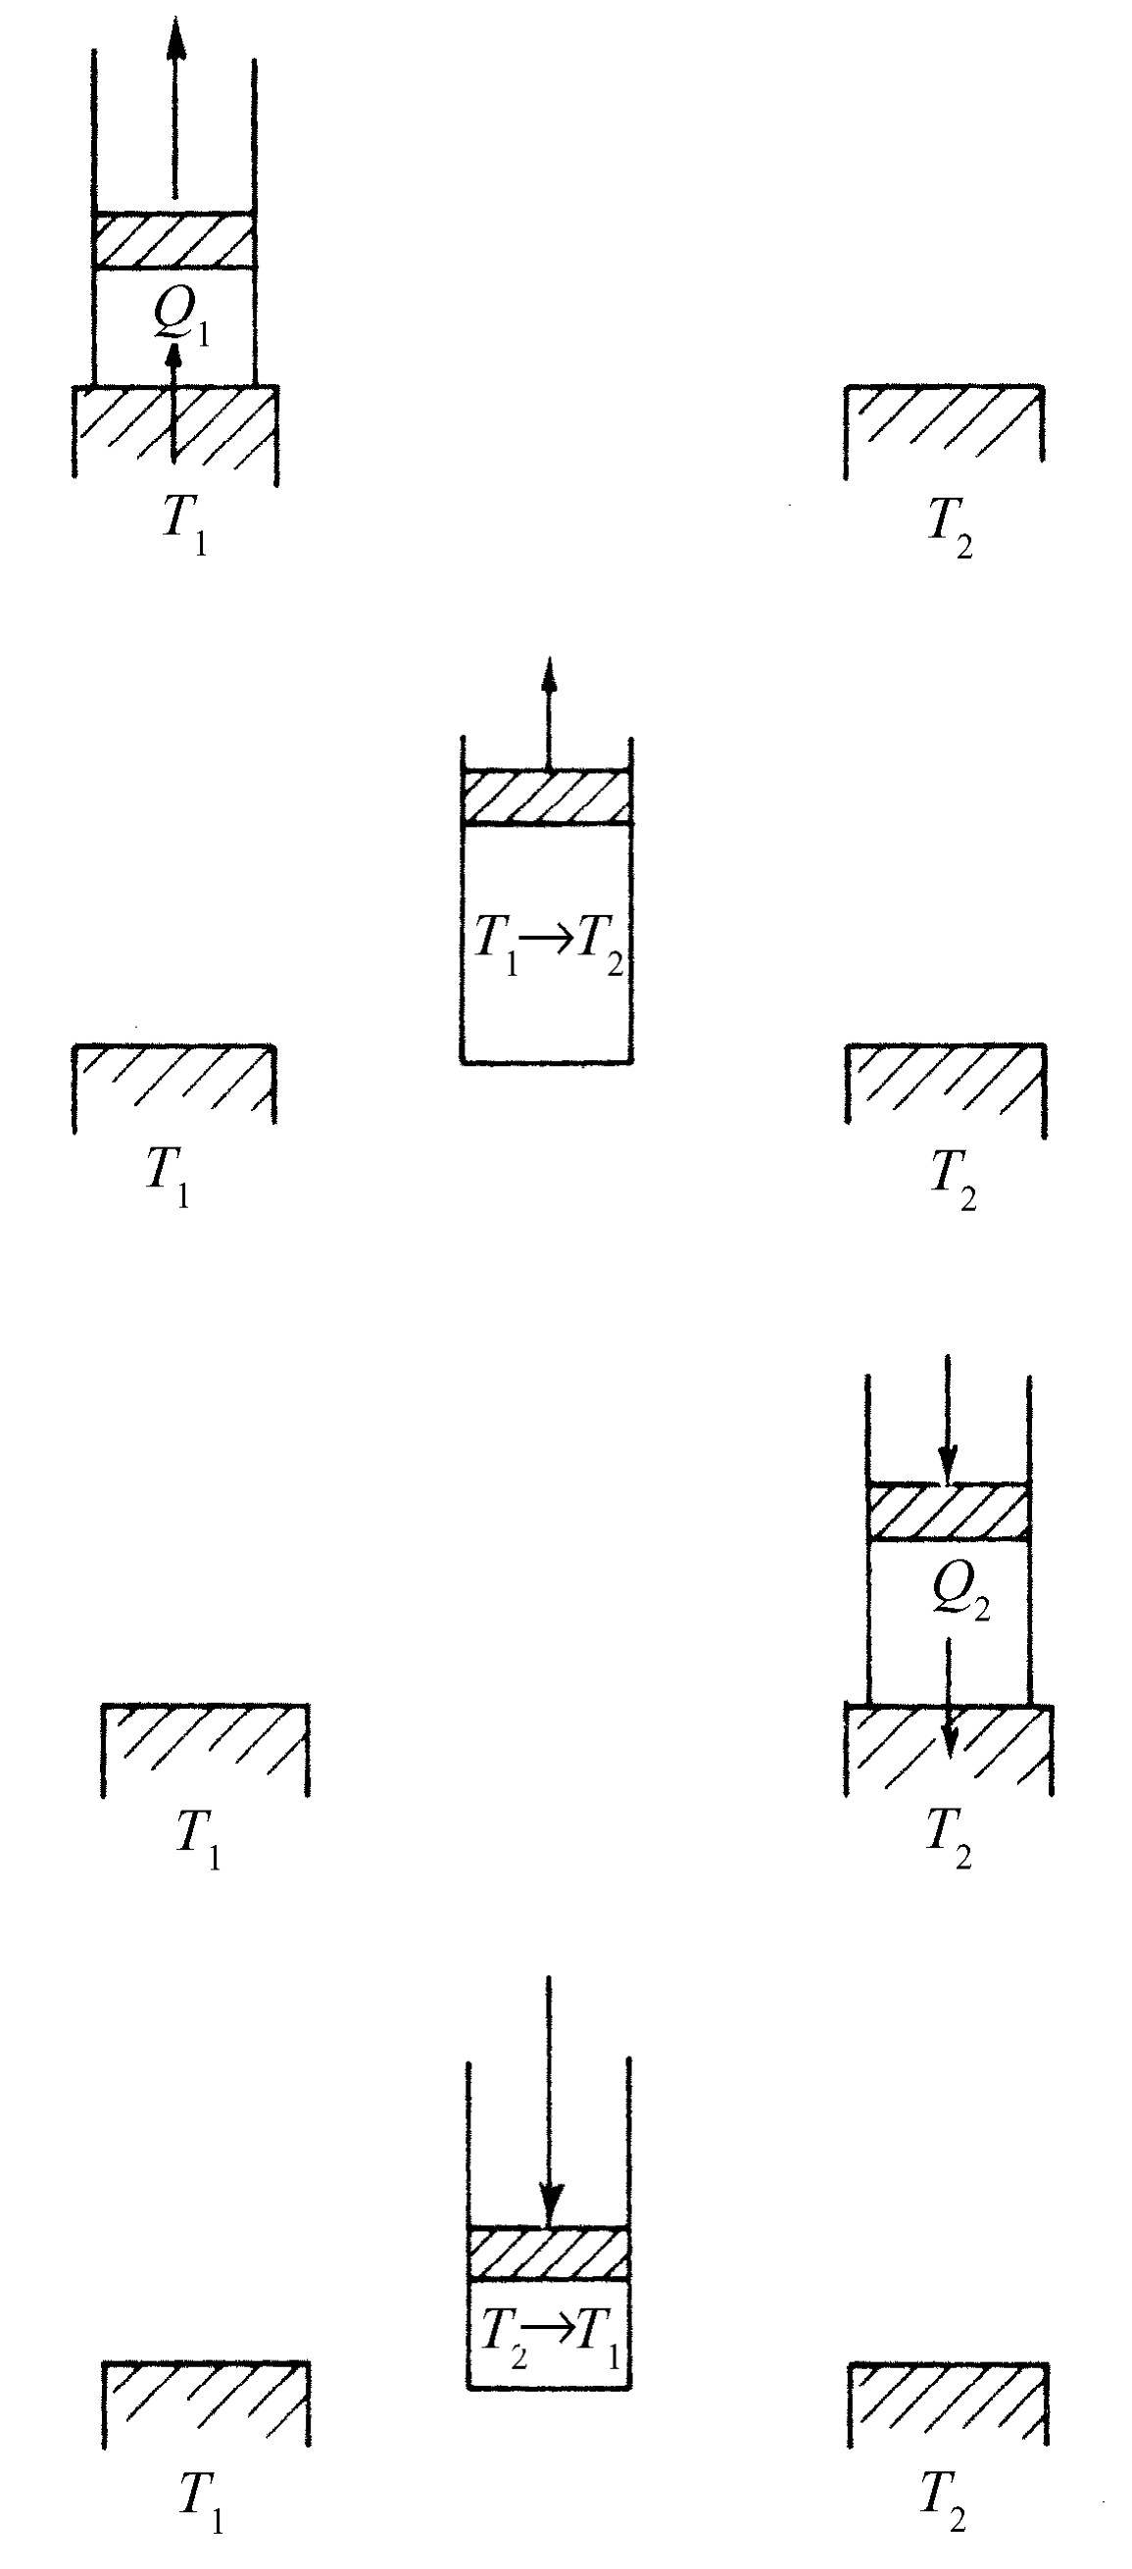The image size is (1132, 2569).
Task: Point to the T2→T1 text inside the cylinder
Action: [x=550, y=2333]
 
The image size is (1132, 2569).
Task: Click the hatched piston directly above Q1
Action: [x=174, y=240]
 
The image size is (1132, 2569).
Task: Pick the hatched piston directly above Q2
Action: [x=948, y=1512]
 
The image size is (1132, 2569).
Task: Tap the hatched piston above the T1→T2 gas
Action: [x=547, y=797]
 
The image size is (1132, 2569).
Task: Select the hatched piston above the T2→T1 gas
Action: [x=549, y=2254]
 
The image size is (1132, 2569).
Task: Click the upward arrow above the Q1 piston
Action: [x=175, y=110]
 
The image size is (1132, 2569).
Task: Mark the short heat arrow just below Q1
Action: [x=173, y=399]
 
